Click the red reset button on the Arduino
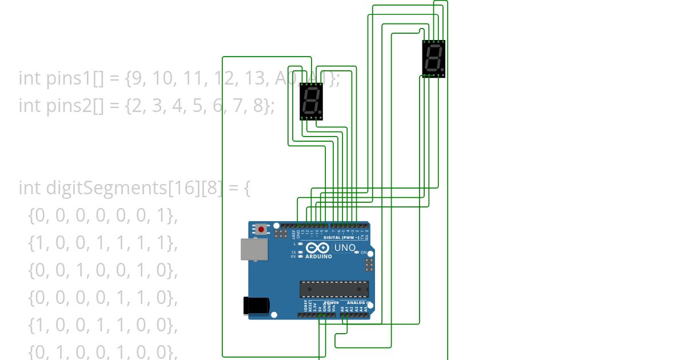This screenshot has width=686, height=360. pos(261,229)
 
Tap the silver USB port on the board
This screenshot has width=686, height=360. pos(254,249)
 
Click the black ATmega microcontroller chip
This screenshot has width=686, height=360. pos(334,289)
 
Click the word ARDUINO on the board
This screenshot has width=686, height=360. pos(318,257)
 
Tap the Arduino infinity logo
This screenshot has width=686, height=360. pos(317,248)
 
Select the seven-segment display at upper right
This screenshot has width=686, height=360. pos(434,58)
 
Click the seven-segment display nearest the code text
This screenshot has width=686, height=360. pos(312,101)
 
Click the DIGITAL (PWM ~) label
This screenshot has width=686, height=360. pos(341,237)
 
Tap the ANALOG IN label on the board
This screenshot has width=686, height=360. pos(357,303)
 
